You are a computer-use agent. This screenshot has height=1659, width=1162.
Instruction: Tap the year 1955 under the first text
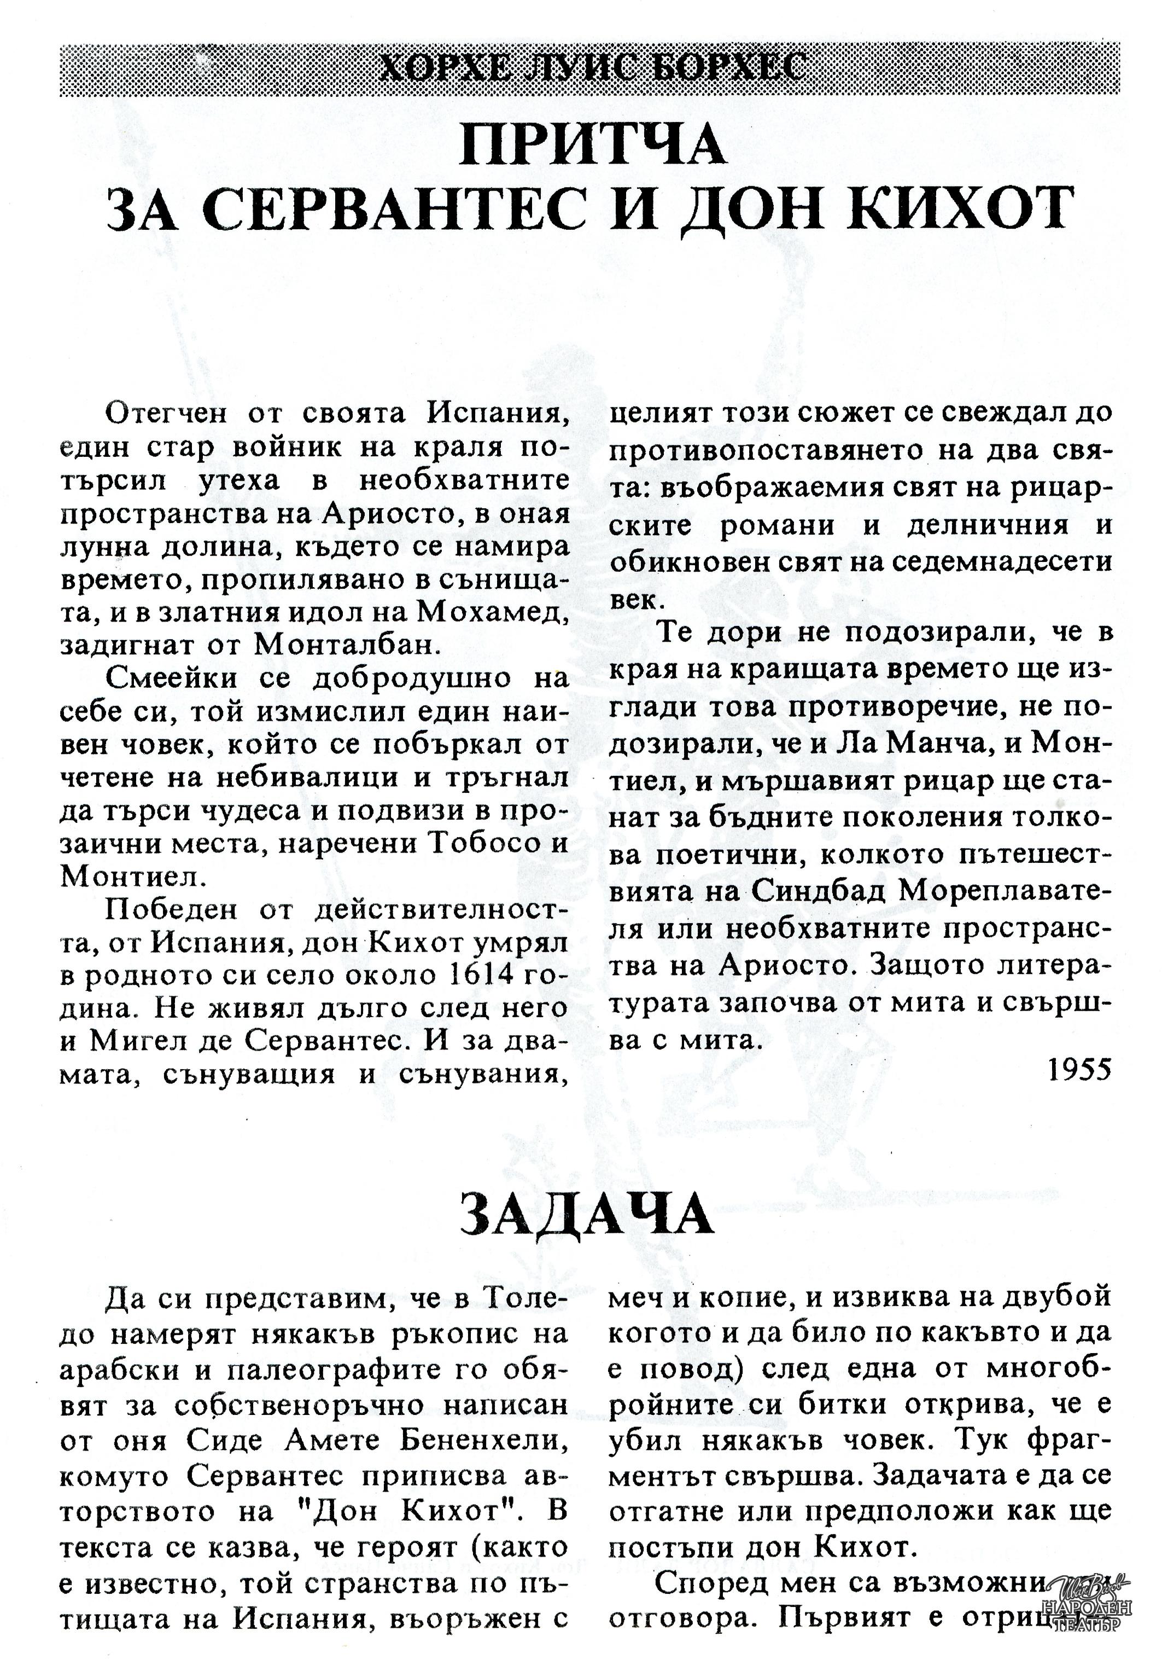coord(1079,1071)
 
